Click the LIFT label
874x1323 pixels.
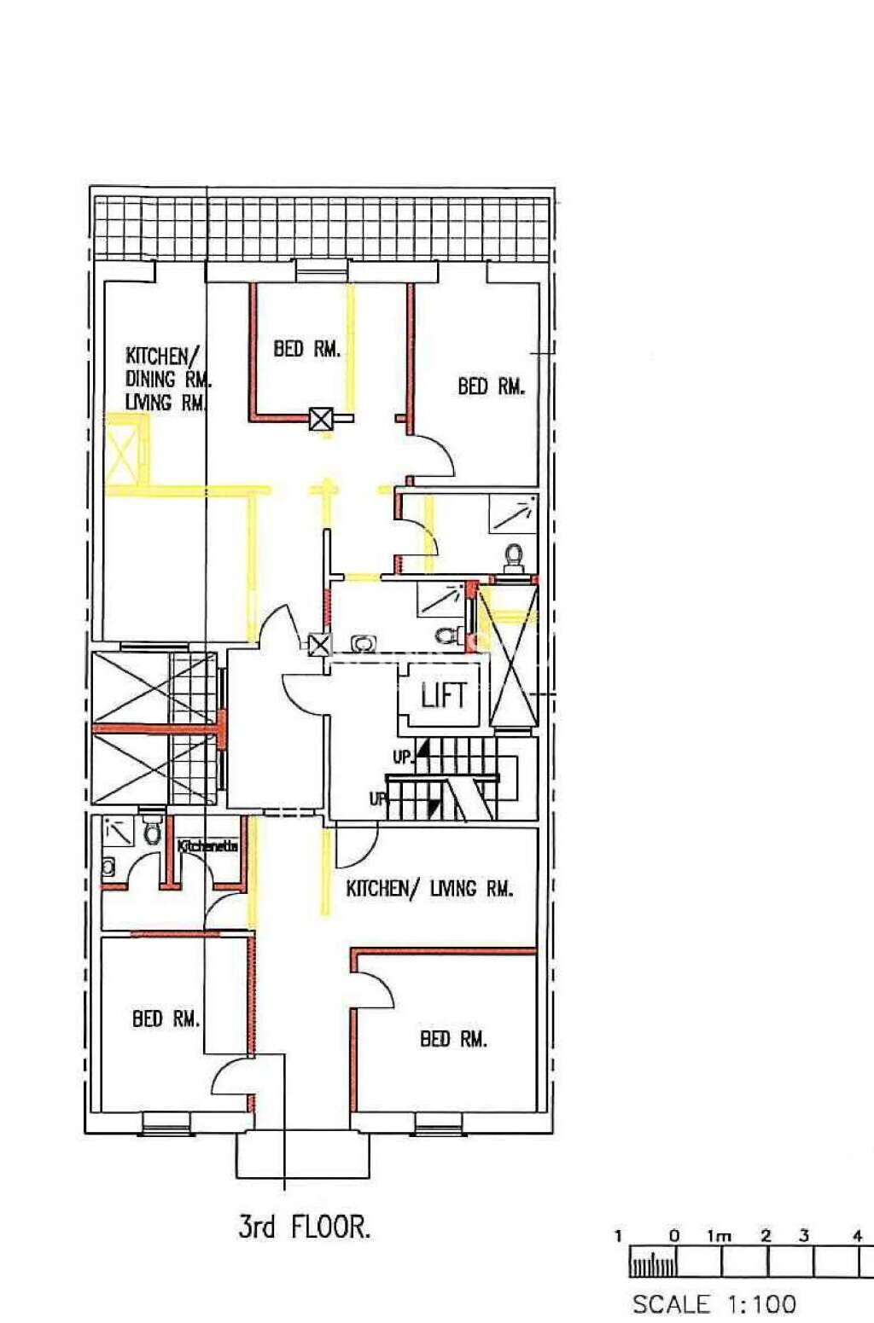[x=444, y=694]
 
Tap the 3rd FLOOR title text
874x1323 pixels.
[x=304, y=1227]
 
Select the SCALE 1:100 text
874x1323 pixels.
[x=714, y=1303]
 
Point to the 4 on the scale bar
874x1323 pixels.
[x=857, y=1235]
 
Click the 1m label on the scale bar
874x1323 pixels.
[x=719, y=1235]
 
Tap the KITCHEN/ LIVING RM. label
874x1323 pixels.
[x=429, y=889]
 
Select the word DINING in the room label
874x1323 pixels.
[x=151, y=379]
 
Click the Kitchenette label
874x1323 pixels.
[x=207, y=846]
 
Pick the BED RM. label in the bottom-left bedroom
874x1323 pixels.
[x=166, y=1018]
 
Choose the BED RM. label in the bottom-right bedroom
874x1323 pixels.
[x=453, y=1039]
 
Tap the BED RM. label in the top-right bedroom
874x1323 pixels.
[x=491, y=386]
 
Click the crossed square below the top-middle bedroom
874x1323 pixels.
[x=321, y=419]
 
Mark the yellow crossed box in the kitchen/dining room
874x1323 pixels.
[x=123, y=449]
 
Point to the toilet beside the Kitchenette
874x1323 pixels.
[x=152, y=831]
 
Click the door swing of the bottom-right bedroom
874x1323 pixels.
[x=376, y=990]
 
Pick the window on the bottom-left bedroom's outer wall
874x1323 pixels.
[x=165, y=1123]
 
